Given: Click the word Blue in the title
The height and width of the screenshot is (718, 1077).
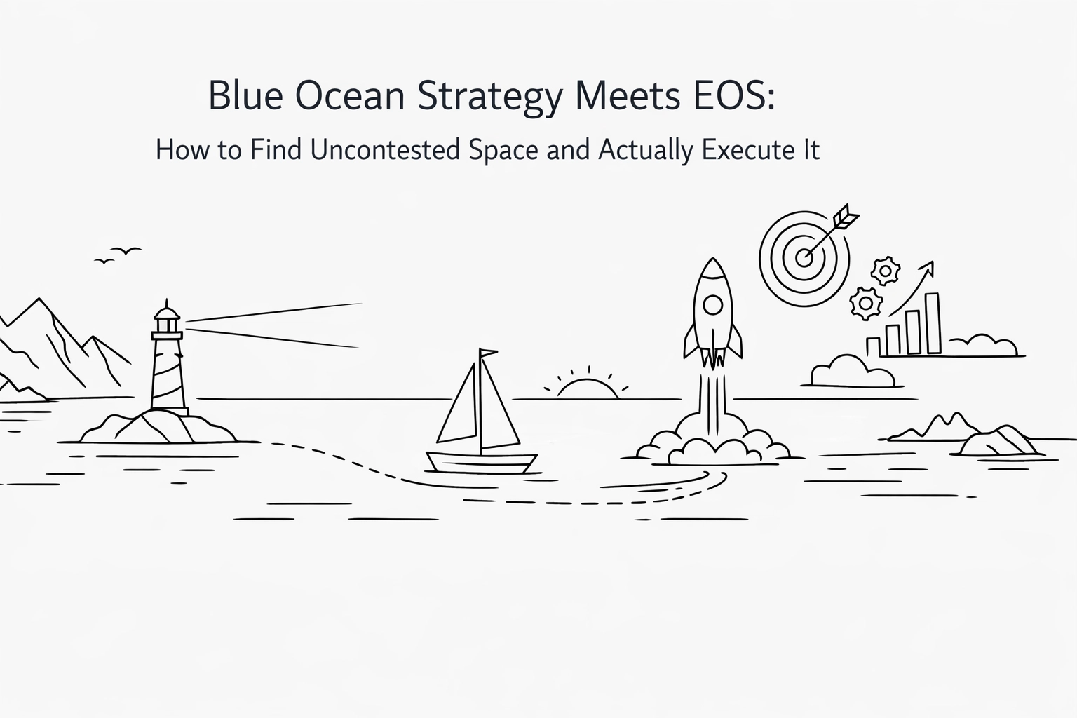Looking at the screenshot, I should [x=246, y=96].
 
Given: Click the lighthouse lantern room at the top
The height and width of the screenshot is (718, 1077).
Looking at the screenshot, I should [x=167, y=323].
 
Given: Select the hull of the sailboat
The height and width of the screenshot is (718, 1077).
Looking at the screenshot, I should [x=482, y=463].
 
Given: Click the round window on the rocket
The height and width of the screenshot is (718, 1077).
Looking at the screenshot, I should [x=712, y=305].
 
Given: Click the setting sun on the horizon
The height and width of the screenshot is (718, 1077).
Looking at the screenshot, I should [x=588, y=389].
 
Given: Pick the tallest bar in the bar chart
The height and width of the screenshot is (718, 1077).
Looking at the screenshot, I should [x=933, y=323].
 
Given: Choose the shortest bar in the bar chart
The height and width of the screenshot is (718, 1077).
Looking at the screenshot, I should [x=873, y=346].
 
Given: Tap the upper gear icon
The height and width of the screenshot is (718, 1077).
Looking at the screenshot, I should [x=886, y=270].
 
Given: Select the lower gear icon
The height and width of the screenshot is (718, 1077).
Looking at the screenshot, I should [x=866, y=303].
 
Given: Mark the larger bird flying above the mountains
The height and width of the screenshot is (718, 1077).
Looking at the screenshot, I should [x=129, y=250].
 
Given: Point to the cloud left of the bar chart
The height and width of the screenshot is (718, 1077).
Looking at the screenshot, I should [x=851, y=372].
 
